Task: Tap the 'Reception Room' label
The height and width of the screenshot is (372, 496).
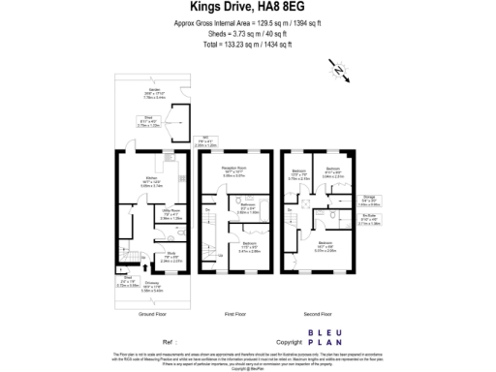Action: click(234, 169)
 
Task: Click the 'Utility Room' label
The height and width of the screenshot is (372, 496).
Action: click(170, 213)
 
